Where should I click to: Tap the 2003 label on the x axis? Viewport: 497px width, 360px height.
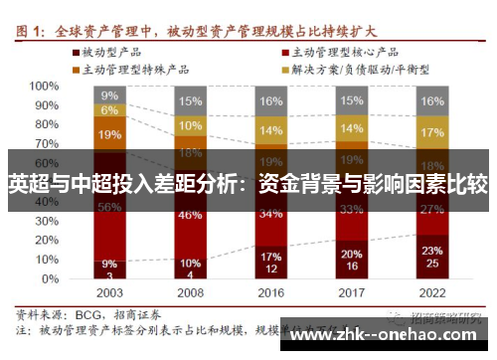point(110,294)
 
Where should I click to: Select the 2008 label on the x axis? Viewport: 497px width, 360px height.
point(191,294)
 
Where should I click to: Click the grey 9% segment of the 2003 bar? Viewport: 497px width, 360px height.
point(110,95)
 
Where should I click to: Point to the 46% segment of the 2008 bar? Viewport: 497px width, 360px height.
point(191,214)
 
